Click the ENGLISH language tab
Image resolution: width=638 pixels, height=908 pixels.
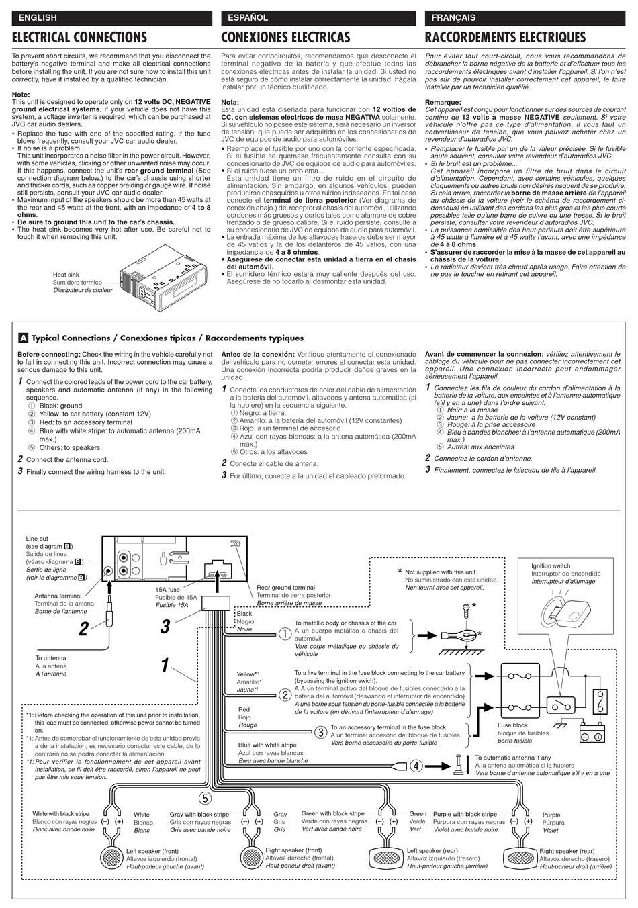[38, 17]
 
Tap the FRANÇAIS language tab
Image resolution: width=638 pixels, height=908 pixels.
[454, 17]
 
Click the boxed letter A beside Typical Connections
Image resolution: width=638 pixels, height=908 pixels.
[24, 338]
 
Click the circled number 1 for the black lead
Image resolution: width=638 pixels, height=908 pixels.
[284, 633]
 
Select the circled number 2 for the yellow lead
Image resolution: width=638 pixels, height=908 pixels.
[284, 695]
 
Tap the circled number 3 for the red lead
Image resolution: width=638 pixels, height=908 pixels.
[321, 732]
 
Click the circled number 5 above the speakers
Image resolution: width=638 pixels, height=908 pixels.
[206, 798]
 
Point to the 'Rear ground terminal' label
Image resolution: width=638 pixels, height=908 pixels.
[285, 588]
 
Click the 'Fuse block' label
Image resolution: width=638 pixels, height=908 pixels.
[512, 725]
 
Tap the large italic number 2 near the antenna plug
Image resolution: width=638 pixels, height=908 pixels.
[83, 629]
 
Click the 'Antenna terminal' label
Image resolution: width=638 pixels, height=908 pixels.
[58, 596]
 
